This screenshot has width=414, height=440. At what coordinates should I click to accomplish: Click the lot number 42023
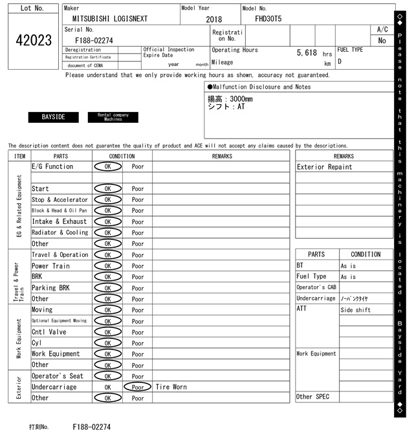tap(33, 41)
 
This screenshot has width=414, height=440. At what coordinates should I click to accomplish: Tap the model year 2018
tap(213, 19)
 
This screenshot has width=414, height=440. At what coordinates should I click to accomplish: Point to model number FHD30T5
tap(268, 19)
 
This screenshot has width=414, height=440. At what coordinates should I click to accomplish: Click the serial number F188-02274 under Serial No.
tap(94, 40)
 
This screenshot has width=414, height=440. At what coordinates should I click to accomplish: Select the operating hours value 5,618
tap(307, 52)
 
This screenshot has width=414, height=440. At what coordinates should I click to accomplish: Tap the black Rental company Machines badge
tap(113, 117)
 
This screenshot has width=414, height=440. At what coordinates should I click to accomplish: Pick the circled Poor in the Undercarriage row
tap(137, 387)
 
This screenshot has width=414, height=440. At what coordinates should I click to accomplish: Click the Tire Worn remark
tap(171, 387)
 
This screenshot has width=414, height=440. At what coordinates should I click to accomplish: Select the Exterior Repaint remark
tap(325, 167)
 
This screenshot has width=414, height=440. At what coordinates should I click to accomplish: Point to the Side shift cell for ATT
tap(356, 310)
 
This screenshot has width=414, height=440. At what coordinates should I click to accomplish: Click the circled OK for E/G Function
tap(107, 167)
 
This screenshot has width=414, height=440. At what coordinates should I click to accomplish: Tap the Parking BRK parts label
tap(50, 288)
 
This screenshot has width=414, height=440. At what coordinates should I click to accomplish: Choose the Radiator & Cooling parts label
tap(60, 233)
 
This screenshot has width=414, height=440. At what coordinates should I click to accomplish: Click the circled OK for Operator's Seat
tap(107, 376)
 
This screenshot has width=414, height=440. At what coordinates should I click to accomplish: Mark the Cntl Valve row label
tap(49, 332)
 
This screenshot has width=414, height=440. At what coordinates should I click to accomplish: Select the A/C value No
tap(382, 41)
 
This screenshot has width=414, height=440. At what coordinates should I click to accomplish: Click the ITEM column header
tap(19, 156)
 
